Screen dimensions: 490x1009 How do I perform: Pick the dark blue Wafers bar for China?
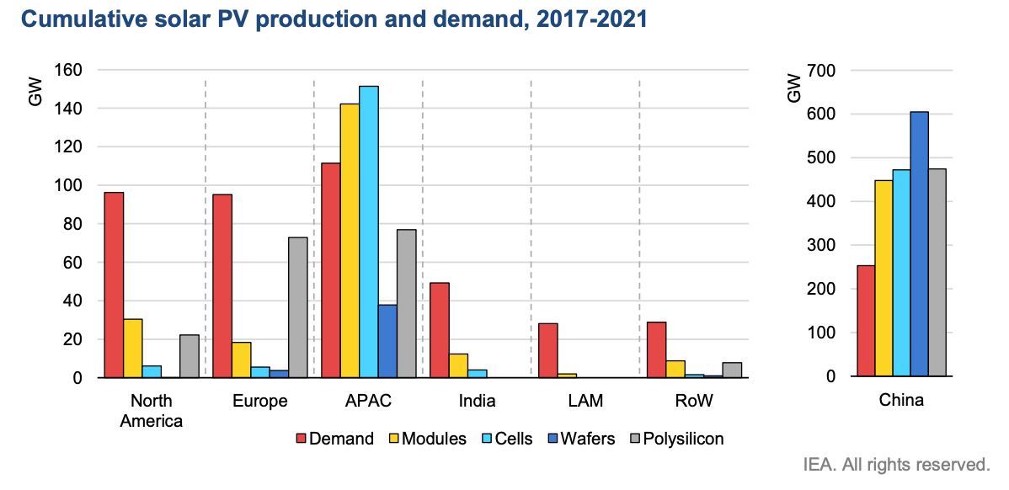click(x=919, y=243)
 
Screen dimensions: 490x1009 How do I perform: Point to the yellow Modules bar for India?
click(x=458, y=365)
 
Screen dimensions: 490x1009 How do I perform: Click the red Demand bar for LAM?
click(x=547, y=350)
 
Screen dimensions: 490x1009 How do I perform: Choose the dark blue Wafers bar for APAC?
click(x=387, y=341)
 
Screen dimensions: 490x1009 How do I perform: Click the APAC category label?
click(x=368, y=401)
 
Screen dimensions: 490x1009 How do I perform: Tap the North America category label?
click(x=152, y=410)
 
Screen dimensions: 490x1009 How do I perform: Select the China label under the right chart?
click(x=900, y=400)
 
